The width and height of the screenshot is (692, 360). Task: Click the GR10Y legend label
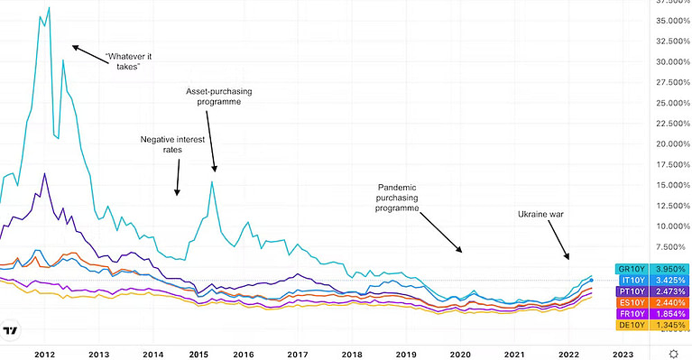[630, 268]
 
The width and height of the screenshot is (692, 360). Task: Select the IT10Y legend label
[630, 280]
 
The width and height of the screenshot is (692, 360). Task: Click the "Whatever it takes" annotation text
[126, 60]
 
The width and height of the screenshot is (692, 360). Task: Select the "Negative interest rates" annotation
[173, 144]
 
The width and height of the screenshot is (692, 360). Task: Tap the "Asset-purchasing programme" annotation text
[219, 97]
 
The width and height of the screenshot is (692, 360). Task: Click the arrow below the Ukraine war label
[558, 244]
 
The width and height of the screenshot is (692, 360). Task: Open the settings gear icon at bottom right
[673, 354]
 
